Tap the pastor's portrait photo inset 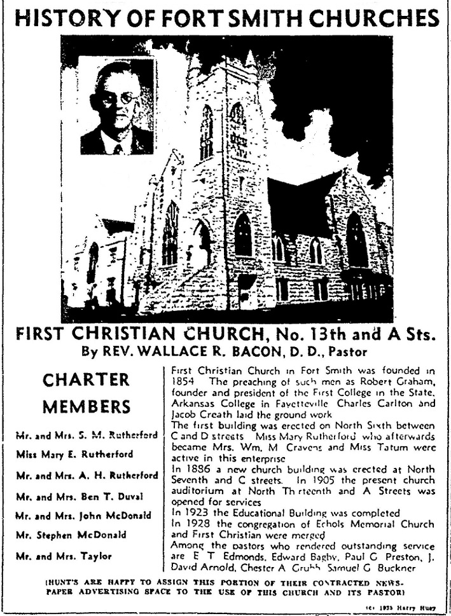[x=116, y=106]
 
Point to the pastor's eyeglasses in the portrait [x=121, y=99]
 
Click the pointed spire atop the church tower [x=250, y=58]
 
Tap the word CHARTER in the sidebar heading [x=87, y=380]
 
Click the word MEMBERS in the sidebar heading [x=87, y=406]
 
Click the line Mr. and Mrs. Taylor [x=64, y=556]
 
